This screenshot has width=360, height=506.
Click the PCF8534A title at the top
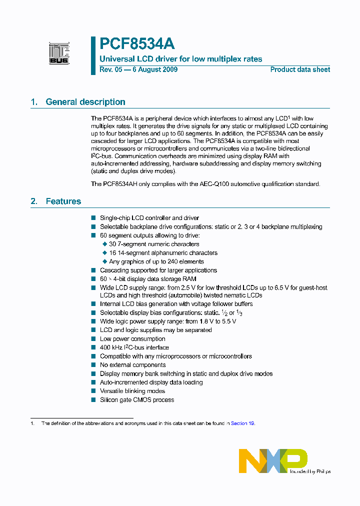tap(137, 44)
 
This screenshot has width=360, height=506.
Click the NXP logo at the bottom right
tap(273, 460)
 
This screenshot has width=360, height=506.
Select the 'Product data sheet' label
tap(300, 69)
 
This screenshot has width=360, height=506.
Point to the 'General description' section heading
tap(85, 102)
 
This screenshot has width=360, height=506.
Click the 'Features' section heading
tap(63, 201)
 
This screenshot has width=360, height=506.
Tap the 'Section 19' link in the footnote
tap(242, 423)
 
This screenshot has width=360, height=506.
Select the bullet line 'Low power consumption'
tap(132, 339)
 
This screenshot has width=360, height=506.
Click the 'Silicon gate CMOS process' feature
tap(137, 400)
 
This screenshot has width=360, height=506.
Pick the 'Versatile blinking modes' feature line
tap(132, 391)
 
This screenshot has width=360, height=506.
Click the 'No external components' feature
tap(132, 365)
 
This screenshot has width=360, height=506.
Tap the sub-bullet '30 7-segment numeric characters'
tap(154, 244)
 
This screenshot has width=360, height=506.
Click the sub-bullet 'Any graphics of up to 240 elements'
tap(156, 261)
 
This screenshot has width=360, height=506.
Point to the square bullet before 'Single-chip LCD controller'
tap(93, 218)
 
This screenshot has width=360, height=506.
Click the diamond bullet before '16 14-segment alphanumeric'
tap(104, 253)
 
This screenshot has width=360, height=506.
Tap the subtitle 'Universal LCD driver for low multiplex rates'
tap(181, 59)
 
